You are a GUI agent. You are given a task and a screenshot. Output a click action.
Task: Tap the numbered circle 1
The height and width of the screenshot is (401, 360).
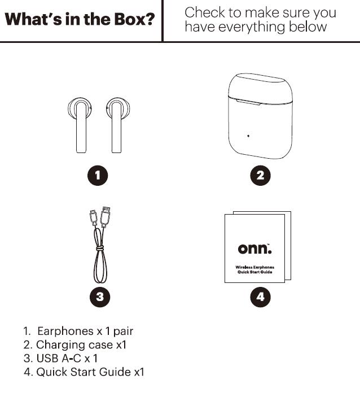tap(98, 176)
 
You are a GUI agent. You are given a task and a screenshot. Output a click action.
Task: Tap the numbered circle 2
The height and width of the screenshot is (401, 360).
tap(260, 176)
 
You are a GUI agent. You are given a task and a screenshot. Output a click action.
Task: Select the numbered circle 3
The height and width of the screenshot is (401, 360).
tap(100, 297)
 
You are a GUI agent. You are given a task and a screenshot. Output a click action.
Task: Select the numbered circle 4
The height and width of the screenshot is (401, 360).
tap(260, 297)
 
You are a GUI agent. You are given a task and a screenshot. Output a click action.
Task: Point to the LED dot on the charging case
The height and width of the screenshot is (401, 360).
tap(248, 136)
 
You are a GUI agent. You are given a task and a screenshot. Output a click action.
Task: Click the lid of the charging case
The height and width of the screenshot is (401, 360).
tap(260, 88)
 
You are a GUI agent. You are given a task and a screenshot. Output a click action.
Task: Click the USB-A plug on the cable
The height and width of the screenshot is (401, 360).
tap(106, 217)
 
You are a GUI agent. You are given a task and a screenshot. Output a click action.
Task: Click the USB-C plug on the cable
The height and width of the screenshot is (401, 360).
tap(93, 218)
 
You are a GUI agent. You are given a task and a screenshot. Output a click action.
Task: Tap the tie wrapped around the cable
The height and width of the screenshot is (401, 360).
tap(100, 248)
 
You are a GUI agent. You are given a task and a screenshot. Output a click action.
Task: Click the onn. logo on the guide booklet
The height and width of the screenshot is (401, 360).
tap(254, 249)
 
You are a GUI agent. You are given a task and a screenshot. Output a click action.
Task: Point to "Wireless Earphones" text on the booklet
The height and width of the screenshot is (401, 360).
tap(254, 267)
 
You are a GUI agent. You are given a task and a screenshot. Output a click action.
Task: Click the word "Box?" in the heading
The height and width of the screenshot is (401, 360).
tap(134, 19)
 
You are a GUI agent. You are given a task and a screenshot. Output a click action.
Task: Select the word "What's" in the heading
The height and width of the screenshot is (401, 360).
tap(33, 19)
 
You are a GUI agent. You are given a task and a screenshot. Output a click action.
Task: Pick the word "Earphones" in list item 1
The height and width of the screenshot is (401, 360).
tap(65, 332)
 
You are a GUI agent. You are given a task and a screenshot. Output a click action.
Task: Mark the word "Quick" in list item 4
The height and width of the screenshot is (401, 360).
tap(52, 372)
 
